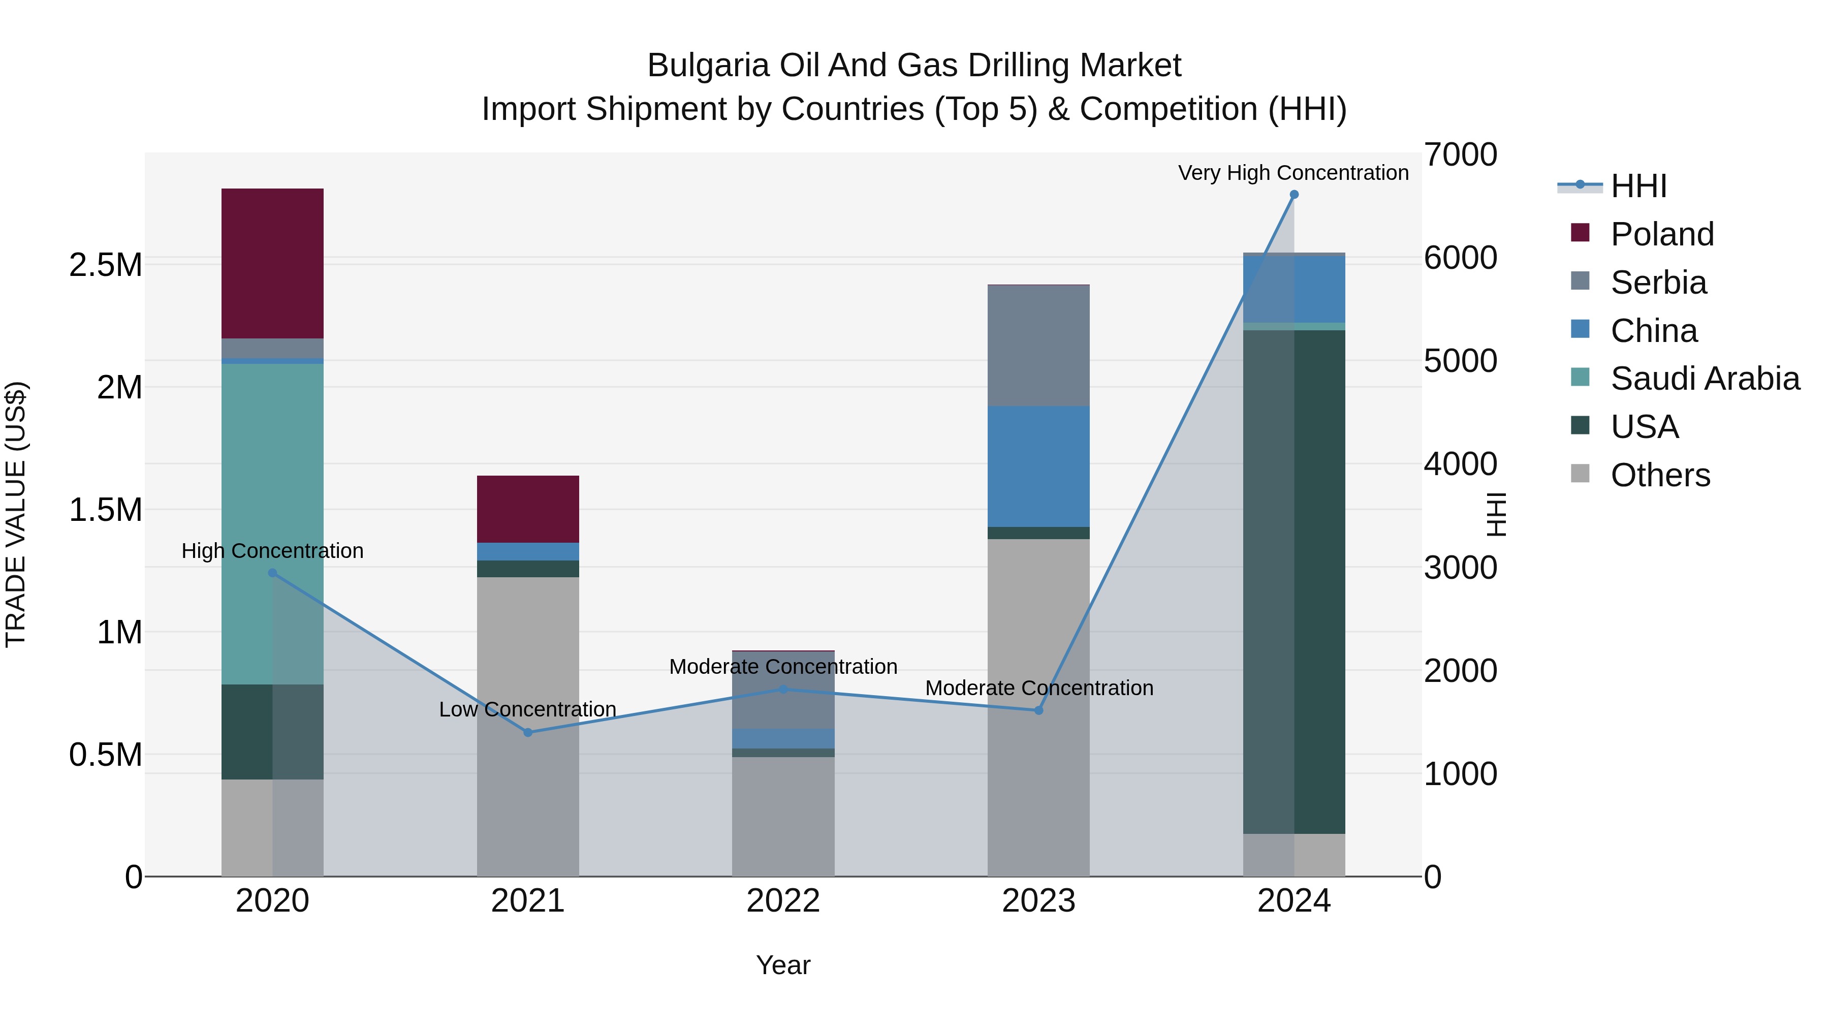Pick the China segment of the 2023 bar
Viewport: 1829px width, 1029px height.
(1038, 466)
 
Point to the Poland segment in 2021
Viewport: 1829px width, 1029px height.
(527, 509)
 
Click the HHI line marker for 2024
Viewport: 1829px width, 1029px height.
(1294, 195)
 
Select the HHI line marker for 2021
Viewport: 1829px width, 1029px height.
(527, 732)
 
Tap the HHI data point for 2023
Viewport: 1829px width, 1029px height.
(1038, 710)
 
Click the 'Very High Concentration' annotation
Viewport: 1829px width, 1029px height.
(1293, 173)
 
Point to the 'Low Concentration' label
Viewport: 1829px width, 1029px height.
(527, 709)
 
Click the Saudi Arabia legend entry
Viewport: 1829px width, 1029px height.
(1704, 379)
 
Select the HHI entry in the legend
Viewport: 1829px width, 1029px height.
(1637, 186)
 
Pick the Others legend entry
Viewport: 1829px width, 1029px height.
(1660, 475)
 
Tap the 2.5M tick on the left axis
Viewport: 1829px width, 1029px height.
(105, 265)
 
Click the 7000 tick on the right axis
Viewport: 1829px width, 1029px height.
(1461, 155)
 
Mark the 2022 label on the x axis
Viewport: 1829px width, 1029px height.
(783, 901)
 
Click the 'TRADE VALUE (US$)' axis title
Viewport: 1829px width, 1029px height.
(16, 514)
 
